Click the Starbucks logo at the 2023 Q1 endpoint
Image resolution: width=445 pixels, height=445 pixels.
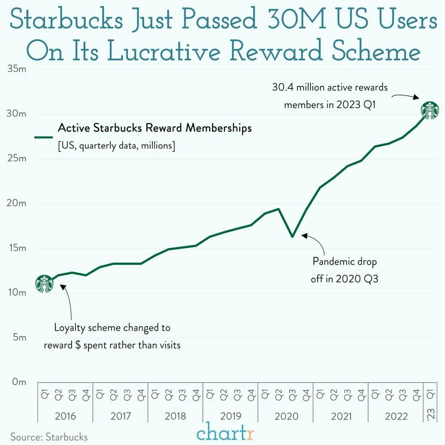tap(429, 110)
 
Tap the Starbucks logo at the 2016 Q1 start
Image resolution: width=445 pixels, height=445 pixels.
tap(44, 284)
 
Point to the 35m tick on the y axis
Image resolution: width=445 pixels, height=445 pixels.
tap(17, 69)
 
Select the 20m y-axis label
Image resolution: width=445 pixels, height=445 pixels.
tap(17, 203)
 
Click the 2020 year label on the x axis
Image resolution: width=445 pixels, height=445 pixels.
tap(286, 416)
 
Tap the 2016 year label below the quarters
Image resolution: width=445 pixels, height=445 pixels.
tap(65, 416)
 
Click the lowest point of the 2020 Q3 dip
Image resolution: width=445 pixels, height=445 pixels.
tap(292, 236)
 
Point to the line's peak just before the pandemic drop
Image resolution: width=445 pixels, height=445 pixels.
tap(279, 209)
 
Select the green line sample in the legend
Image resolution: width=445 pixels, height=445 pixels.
tap(43, 137)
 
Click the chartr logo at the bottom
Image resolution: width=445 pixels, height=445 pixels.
tap(225, 433)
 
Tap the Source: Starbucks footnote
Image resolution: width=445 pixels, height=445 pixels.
tap(49, 437)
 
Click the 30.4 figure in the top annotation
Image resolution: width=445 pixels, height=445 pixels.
tap(283, 87)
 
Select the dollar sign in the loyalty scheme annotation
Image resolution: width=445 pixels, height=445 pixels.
tap(78, 345)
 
